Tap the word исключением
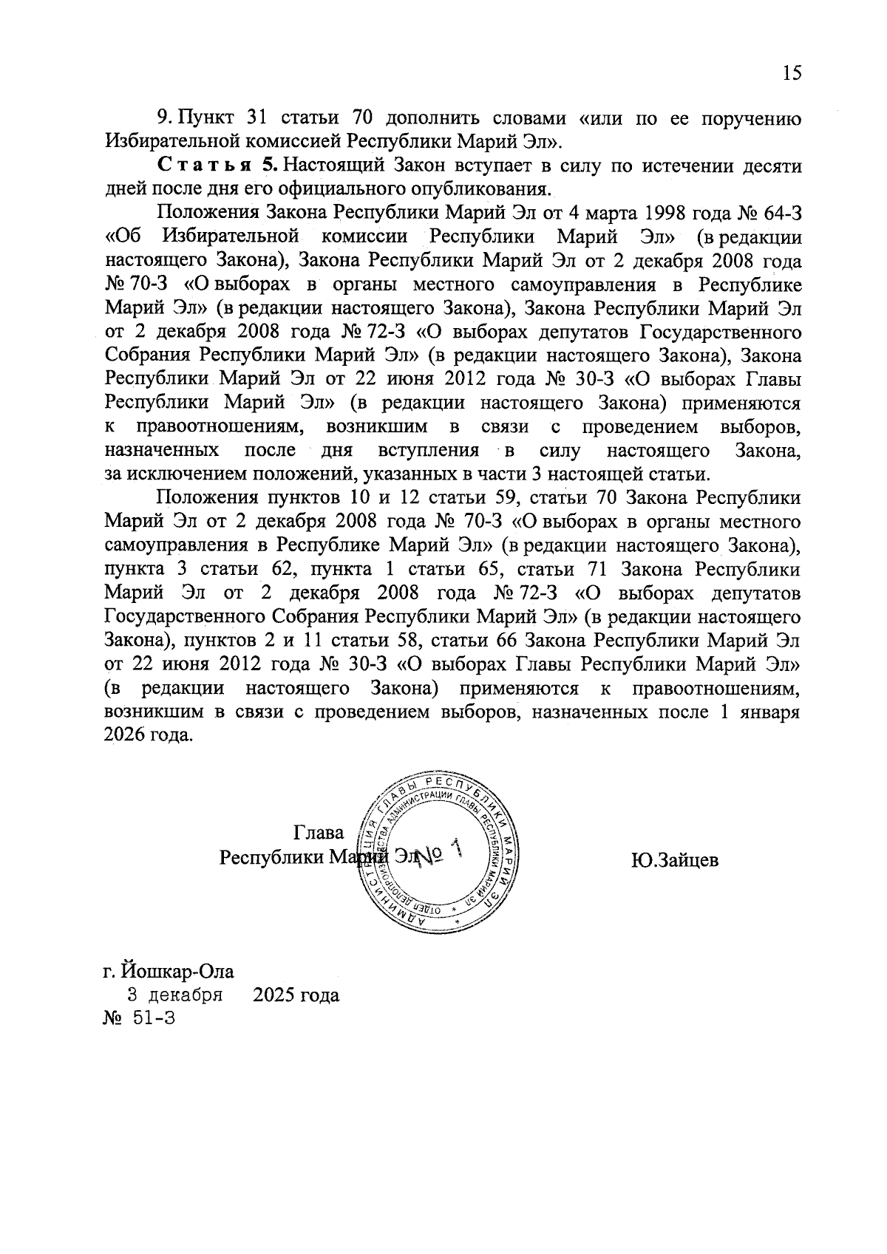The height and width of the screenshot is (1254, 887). pos(177,474)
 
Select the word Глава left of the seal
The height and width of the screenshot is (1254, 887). pos(319,833)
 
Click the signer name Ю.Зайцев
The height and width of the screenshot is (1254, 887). pos(674,860)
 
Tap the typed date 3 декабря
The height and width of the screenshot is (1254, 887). pos(175,995)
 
